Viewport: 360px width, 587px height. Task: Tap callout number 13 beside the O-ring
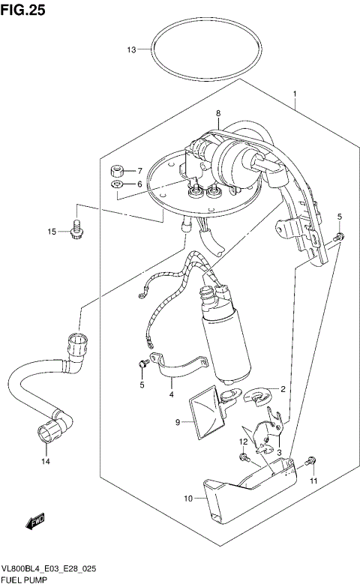click(131, 50)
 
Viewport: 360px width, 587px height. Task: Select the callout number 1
click(295, 94)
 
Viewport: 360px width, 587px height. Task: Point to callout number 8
click(218, 114)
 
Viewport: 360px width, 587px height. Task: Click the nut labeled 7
click(117, 170)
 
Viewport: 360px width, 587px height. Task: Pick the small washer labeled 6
click(116, 184)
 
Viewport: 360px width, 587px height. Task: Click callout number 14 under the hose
click(45, 460)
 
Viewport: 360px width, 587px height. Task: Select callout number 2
click(283, 388)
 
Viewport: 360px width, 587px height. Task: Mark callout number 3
click(278, 453)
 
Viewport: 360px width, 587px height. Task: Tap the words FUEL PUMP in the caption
click(25, 580)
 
